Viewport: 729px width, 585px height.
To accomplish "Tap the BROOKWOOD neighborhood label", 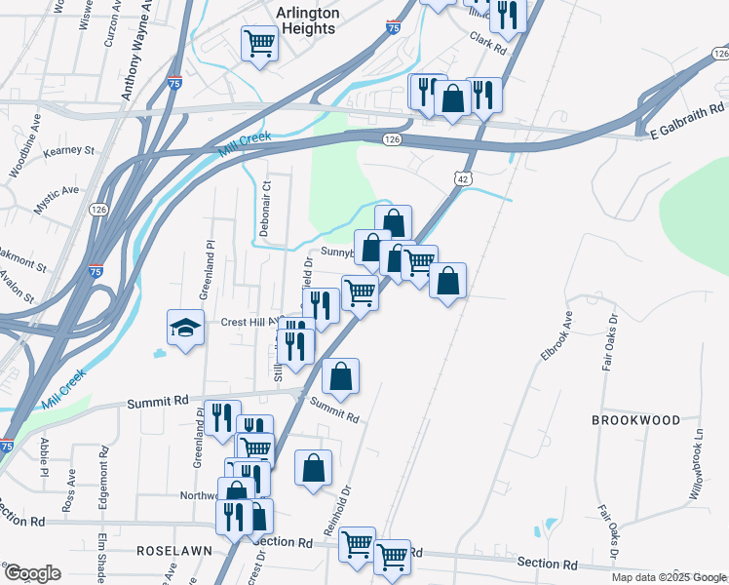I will (x=635, y=420).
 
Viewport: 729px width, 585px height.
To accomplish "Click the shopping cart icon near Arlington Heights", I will (x=259, y=42).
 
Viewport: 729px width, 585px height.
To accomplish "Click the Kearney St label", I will (x=68, y=151).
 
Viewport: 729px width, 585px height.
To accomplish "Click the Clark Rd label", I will (x=488, y=42).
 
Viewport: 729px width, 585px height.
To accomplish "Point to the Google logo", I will (x=31, y=573).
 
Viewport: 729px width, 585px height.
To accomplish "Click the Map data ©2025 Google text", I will (x=669, y=577).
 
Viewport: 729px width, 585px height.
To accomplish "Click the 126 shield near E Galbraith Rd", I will (x=391, y=141).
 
